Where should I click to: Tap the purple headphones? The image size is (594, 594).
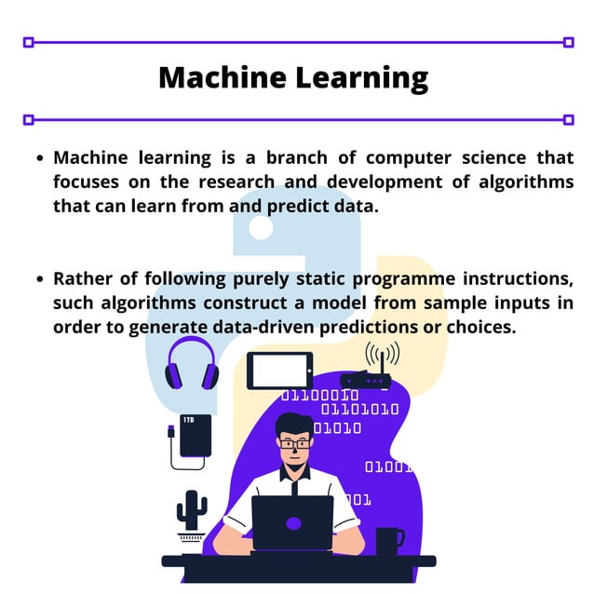tap(192, 364)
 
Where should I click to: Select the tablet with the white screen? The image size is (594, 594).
tap(280, 371)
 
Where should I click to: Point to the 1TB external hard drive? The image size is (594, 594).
tap(195, 436)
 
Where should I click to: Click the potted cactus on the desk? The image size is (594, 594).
tap(192, 512)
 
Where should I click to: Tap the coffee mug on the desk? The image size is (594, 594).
tap(388, 540)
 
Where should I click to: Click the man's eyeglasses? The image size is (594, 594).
tap(295, 444)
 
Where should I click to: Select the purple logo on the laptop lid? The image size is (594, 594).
tap(293, 523)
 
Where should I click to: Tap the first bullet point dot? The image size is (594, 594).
tap(40, 158)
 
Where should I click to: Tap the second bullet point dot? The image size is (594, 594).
tap(40, 279)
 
